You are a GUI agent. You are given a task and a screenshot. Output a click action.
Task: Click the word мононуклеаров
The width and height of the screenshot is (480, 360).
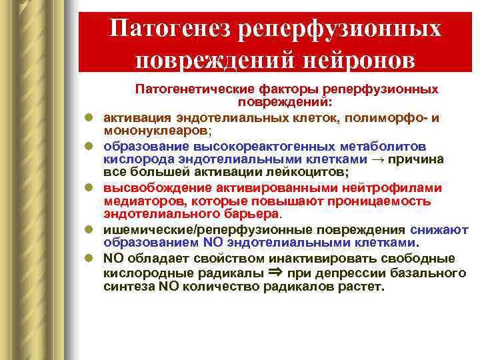(155, 130)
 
